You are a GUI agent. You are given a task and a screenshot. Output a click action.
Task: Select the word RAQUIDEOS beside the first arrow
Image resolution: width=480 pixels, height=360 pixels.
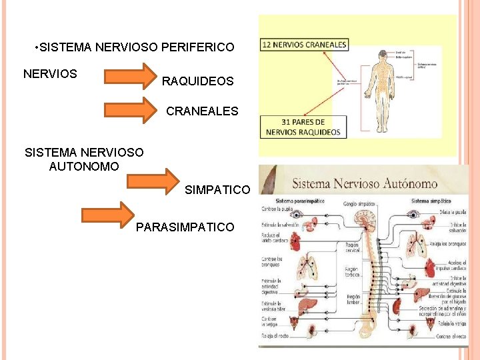click(197, 81)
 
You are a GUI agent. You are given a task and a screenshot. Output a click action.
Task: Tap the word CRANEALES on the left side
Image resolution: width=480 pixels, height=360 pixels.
click(201, 111)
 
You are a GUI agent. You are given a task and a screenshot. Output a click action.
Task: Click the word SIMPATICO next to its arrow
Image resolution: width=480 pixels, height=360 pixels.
click(217, 190)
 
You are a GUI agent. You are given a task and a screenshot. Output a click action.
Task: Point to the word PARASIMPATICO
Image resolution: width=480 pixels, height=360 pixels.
click(185, 227)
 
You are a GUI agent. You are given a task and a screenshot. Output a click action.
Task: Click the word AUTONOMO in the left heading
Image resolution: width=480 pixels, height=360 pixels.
click(84, 166)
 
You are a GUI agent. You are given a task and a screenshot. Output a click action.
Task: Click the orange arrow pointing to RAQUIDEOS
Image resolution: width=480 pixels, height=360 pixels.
click(129, 75)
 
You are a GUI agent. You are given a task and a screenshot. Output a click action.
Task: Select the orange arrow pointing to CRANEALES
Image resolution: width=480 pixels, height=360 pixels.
click(130, 109)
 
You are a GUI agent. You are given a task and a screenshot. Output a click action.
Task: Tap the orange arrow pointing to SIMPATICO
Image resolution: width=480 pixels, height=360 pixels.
click(153, 180)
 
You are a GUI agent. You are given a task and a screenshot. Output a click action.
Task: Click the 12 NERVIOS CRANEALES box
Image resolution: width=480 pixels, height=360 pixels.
click(305, 45)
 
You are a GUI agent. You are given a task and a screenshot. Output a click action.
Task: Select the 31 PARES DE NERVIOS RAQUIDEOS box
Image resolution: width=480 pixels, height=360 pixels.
click(304, 127)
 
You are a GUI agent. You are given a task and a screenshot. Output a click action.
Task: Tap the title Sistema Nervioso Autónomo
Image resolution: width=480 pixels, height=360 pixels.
click(365, 183)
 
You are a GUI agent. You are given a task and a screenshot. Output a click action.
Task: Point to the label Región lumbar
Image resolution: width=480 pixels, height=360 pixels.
click(353, 299)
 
